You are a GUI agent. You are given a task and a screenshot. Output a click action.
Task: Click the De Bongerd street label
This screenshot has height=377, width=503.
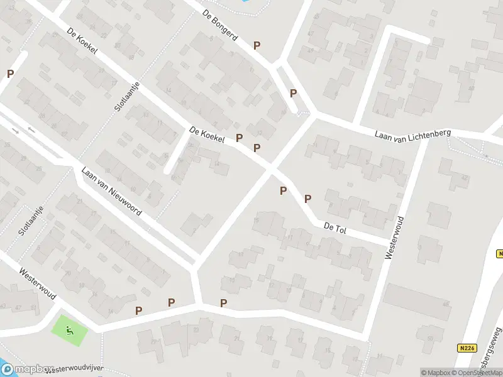220,25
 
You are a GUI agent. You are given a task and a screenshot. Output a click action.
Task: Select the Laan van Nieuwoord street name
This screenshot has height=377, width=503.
111,191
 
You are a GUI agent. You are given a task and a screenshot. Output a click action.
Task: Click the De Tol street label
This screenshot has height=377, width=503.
336,227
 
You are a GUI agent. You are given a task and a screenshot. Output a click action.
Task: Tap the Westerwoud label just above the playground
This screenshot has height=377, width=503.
38,284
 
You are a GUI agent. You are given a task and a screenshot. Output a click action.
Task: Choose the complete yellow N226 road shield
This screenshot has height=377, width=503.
465,347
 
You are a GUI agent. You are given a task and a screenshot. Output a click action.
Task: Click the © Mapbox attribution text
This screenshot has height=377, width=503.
435,373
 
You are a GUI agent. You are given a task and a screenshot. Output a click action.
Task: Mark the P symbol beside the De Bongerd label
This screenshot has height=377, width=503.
257,45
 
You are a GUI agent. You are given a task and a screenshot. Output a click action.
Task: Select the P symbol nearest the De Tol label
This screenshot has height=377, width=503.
307,199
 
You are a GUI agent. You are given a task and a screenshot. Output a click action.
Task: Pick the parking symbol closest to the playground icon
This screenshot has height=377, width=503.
138,310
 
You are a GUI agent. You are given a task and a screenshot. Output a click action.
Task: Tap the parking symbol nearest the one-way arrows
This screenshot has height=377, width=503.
10,74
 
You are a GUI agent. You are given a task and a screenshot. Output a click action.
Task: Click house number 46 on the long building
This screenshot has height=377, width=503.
446,305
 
